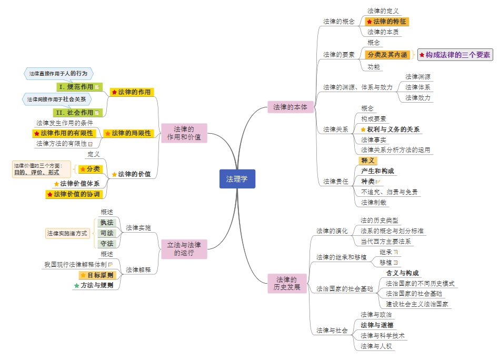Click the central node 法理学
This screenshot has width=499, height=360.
point(237,179)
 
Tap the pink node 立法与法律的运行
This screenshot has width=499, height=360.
point(184,249)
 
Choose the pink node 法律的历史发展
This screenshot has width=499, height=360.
point(287,283)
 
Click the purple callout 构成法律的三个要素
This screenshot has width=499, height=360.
point(455,54)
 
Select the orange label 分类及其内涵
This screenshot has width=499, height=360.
point(387,54)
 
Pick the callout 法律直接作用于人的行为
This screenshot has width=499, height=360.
point(58,74)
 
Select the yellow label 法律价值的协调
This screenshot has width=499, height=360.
point(77,194)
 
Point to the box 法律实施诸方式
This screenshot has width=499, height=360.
point(67,233)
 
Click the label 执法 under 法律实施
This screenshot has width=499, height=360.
point(107,223)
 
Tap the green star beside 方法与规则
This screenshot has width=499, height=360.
point(76,285)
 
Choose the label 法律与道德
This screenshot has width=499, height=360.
point(377,325)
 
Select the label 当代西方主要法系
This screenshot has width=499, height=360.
point(386,242)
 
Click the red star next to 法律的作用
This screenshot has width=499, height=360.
point(114,92)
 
